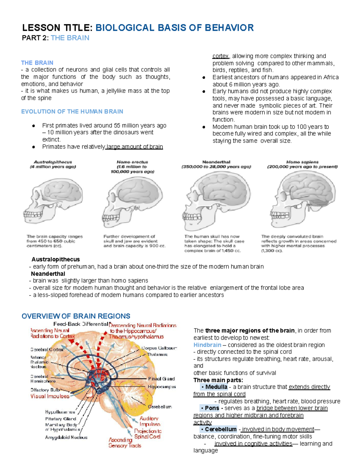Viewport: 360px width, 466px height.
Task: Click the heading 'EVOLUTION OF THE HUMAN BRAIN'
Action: tap(72, 112)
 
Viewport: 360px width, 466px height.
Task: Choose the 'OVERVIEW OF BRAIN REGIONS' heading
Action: tap(76, 316)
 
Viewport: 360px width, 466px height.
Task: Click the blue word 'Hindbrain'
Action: tap(207, 345)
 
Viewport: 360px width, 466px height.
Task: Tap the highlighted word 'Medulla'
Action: tap(216, 387)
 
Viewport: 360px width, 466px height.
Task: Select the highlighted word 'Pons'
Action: tap(212, 408)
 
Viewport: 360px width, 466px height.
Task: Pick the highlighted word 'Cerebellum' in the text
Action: tap(220, 429)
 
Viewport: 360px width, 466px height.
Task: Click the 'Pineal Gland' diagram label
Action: tap(161, 379)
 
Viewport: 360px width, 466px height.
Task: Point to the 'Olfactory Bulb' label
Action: tap(45, 390)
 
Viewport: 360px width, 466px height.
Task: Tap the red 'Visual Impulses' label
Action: tap(50, 396)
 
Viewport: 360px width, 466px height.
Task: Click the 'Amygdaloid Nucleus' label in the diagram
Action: tap(66, 438)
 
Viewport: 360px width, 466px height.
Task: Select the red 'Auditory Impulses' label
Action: tap(149, 421)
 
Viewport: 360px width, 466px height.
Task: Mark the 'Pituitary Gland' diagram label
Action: tap(61, 419)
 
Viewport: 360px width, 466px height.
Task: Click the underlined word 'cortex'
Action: tap(220, 56)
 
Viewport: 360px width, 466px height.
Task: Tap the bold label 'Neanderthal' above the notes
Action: tap(48, 274)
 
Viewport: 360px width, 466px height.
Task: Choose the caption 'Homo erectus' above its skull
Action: tap(132, 162)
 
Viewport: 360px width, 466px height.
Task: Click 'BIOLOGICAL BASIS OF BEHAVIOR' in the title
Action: tap(175, 28)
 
